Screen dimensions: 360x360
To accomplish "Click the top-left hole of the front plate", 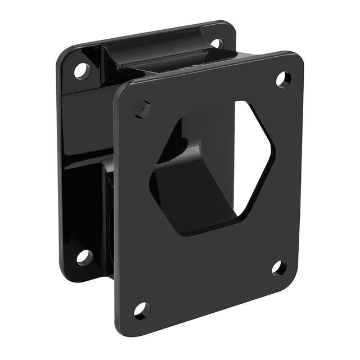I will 143,108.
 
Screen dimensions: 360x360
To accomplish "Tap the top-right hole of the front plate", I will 282,79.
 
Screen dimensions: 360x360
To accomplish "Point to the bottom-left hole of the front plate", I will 141,309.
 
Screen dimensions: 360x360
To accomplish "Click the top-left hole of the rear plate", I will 81,70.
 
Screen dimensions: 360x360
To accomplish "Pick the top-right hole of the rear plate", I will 215,43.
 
